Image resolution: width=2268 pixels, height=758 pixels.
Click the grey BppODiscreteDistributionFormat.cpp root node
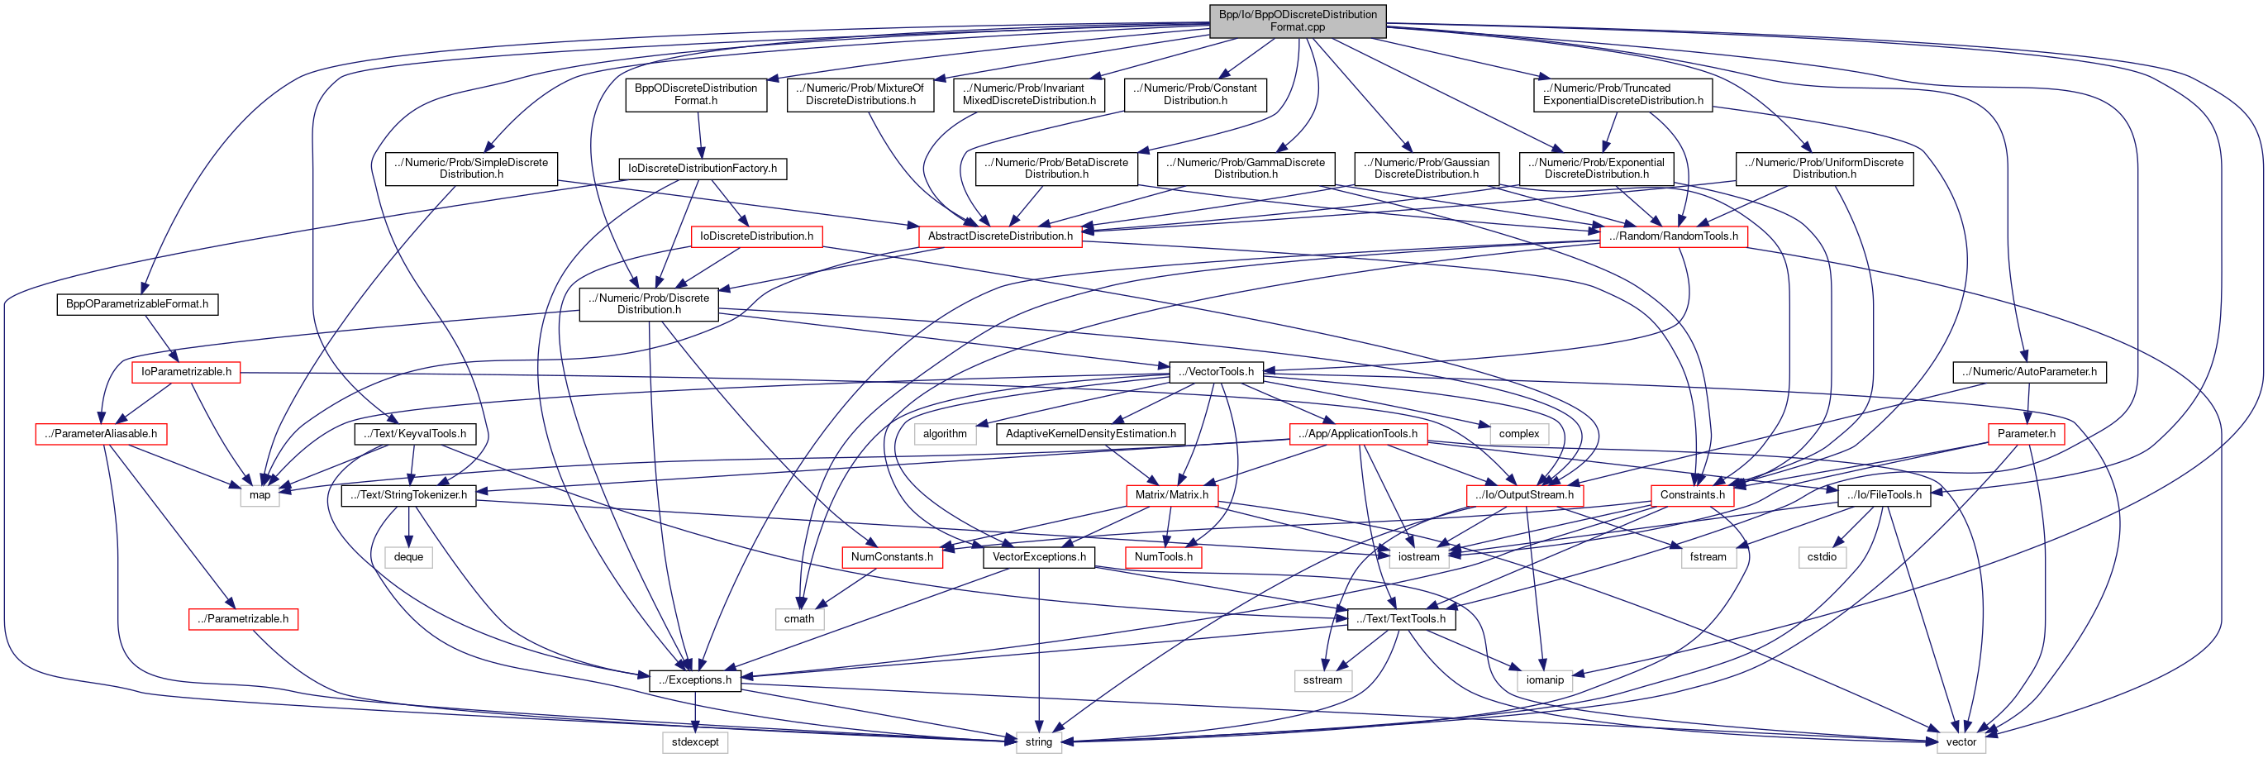click(1297, 20)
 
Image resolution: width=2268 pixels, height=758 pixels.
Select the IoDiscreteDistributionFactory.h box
click(702, 168)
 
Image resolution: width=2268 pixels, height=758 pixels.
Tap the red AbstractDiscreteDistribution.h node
click(999, 236)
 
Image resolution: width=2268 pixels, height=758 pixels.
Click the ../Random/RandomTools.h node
click(1673, 236)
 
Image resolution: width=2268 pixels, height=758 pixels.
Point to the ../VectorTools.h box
click(1216, 371)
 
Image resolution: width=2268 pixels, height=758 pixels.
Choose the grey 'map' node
click(260, 495)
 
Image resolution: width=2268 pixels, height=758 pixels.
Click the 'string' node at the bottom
click(1038, 742)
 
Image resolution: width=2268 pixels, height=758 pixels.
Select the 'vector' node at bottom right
click(1961, 742)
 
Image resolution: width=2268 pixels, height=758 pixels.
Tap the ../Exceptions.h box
click(694, 679)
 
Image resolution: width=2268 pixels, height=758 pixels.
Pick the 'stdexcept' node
click(694, 742)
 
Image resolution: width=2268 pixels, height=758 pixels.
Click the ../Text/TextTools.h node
click(1401, 619)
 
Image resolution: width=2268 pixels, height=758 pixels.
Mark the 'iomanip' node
click(1544, 679)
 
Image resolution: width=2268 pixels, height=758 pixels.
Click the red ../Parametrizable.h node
click(243, 619)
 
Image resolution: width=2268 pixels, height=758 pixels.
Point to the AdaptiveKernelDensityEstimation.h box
click(1090, 434)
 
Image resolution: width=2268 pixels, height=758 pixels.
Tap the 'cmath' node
click(798, 619)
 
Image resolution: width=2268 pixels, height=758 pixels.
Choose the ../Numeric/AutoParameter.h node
click(2028, 371)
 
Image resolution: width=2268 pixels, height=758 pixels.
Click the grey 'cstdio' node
click(1822, 557)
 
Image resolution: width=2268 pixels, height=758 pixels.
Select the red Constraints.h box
click(1691, 495)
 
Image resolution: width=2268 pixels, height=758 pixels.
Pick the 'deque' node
click(408, 557)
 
